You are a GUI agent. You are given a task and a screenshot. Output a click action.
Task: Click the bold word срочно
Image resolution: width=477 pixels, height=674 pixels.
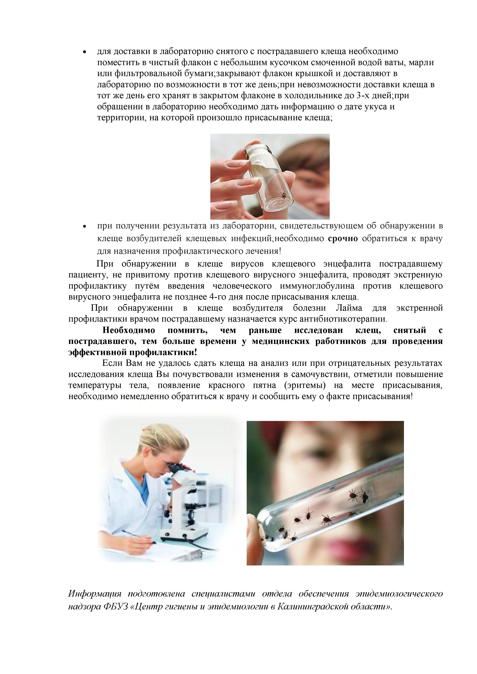[x=342, y=239]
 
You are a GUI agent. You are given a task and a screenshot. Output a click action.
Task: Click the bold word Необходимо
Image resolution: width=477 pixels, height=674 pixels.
[x=129, y=330]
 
